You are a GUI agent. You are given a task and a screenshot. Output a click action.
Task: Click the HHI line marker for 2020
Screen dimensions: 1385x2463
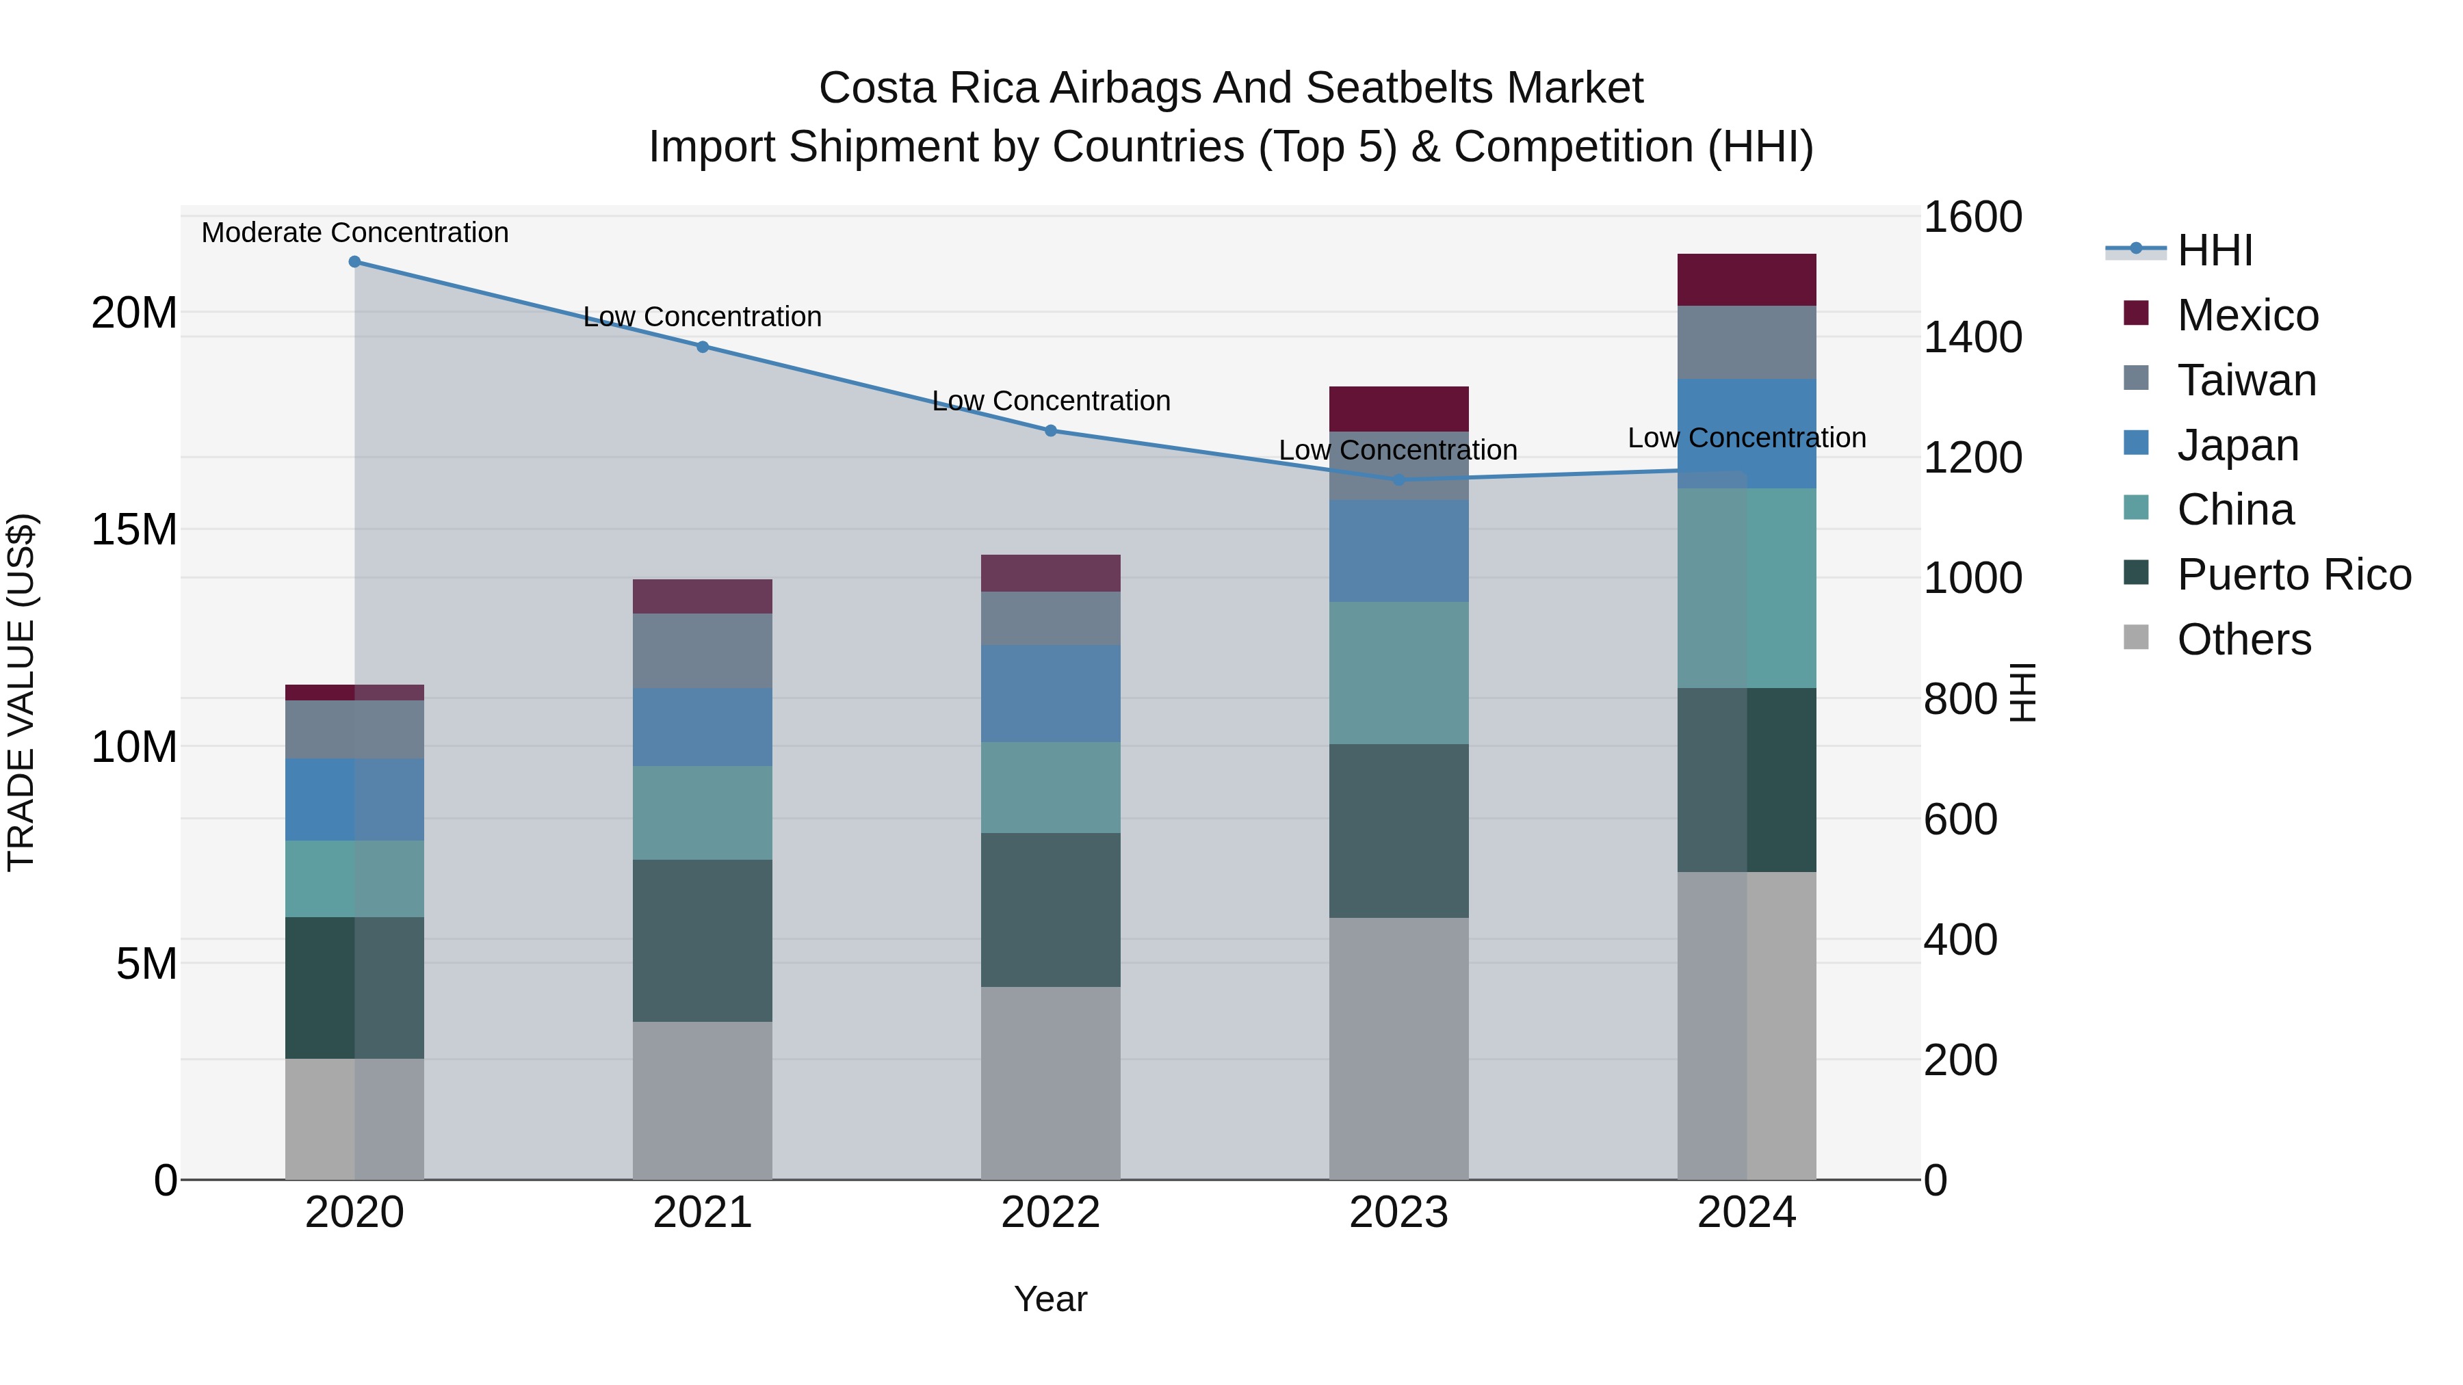(x=354, y=262)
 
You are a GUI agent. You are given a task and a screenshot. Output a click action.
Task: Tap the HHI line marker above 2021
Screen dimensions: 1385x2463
(x=703, y=347)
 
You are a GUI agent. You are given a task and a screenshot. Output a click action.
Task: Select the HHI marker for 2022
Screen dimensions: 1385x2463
(x=1051, y=431)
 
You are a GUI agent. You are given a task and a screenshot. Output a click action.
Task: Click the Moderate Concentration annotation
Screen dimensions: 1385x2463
(x=354, y=233)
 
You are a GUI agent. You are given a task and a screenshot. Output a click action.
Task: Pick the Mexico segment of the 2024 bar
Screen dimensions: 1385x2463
(x=1747, y=280)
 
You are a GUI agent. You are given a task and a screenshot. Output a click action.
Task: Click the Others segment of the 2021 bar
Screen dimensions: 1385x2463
(x=703, y=1100)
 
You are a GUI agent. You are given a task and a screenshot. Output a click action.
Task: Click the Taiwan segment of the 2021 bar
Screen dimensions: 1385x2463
(x=703, y=651)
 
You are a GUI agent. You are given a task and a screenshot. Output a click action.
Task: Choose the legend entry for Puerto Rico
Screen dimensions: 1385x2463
(x=2293, y=575)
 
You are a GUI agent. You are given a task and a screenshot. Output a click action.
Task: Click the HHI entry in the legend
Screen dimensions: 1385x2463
(x=2215, y=250)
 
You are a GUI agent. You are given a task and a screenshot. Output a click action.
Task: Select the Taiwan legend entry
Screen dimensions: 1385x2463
(x=2246, y=380)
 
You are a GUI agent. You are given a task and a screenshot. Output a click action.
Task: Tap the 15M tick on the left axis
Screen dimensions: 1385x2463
(x=134, y=529)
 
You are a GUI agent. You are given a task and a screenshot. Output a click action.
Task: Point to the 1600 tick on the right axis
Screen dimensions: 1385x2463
(x=1972, y=217)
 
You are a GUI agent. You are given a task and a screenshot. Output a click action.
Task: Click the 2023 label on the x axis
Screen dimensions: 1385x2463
(x=1399, y=1213)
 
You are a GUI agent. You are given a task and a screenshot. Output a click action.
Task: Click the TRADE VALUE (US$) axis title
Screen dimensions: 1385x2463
(x=21, y=693)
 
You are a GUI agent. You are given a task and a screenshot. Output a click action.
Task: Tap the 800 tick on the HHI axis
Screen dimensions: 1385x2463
(x=1959, y=699)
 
